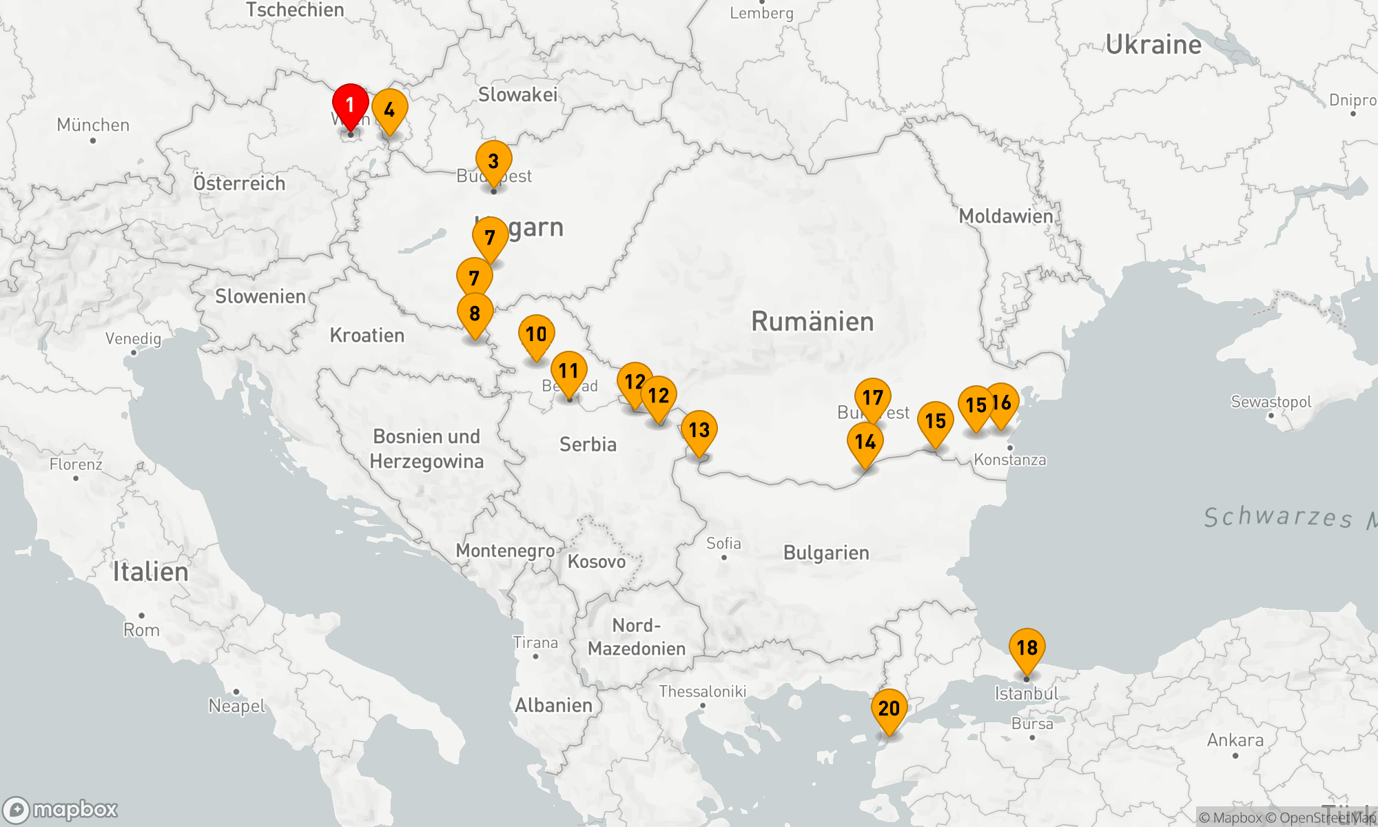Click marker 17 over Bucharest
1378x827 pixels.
point(873,398)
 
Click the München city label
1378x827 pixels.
point(93,125)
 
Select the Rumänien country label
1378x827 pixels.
point(812,322)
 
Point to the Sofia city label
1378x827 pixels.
point(723,544)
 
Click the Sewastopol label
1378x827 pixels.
point(1271,402)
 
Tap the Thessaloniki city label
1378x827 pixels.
point(702,691)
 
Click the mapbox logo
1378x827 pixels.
point(61,810)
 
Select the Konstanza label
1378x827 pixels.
point(1010,460)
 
